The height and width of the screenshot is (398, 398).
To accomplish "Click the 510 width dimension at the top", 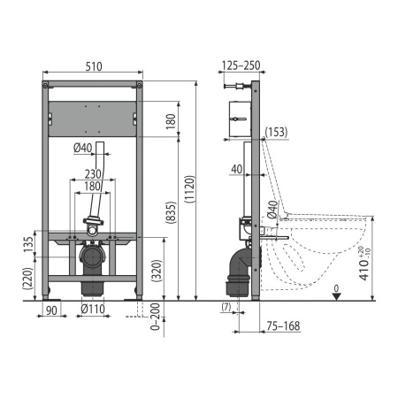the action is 94,66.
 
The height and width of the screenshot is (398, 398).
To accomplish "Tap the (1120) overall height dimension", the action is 189,189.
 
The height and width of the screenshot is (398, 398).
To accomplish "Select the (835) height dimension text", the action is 171,212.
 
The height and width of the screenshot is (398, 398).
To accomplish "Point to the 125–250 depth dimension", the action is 241,65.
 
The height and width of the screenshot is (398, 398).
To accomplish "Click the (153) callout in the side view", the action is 276,132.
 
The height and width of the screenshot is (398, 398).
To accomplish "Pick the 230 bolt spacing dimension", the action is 93,174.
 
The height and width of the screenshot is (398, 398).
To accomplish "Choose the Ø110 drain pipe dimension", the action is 93,309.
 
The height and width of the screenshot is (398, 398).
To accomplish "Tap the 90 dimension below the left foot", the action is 51,310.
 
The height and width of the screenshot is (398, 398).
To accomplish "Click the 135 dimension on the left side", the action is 29,244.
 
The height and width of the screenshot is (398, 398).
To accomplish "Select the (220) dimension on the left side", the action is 29,279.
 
